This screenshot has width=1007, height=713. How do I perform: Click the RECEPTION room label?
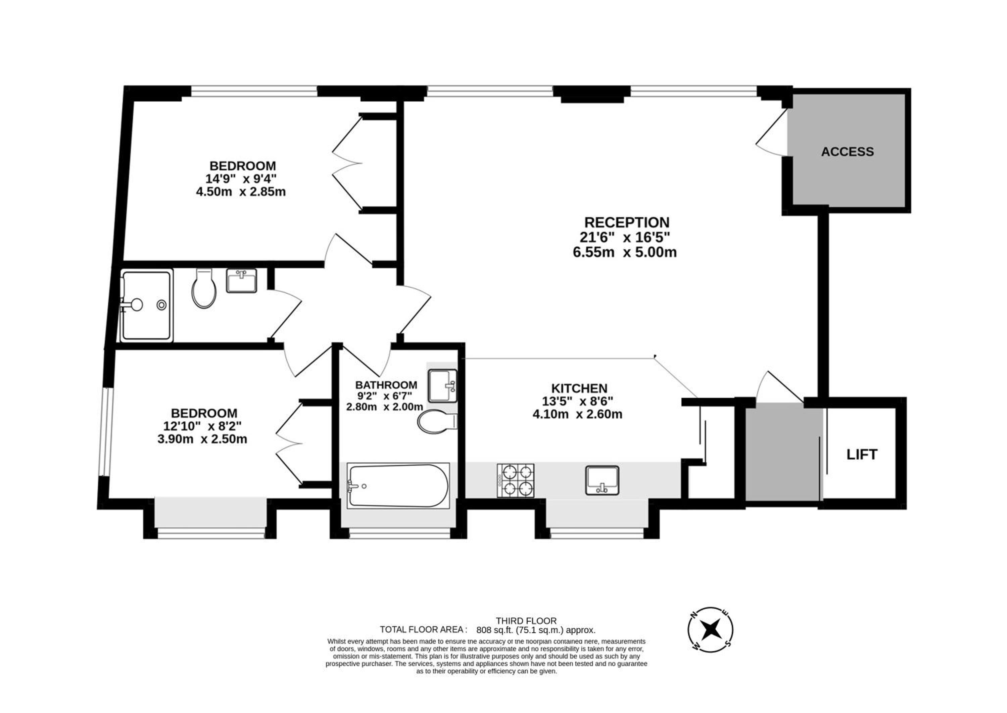(x=627, y=222)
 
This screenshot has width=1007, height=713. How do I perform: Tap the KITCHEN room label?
(x=579, y=388)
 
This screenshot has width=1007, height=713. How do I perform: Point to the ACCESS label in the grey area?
(x=847, y=152)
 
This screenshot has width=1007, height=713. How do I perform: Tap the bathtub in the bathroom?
(x=398, y=486)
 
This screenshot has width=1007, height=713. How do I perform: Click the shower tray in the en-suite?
(x=146, y=305)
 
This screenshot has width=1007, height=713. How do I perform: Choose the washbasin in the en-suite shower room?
(x=242, y=281)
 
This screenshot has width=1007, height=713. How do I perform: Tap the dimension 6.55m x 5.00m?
(x=625, y=252)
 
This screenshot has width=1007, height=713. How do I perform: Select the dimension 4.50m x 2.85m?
(x=241, y=192)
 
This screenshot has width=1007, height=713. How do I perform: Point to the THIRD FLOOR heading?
(x=526, y=621)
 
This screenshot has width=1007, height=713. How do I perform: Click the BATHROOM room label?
(x=386, y=385)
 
